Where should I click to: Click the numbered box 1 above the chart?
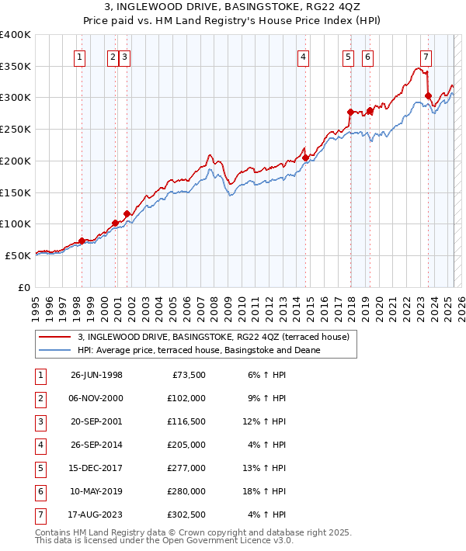[x=81, y=56]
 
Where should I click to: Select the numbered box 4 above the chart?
[x=304, y=56]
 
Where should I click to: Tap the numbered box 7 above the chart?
[x=426, y=56]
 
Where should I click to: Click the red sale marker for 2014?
[x=306, y=158]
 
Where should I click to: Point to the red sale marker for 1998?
[x=82, y=241]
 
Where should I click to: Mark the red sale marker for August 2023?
[x=428, y=96]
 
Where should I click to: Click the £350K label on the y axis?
[x=16, y=67]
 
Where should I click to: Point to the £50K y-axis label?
[x=19, y=255]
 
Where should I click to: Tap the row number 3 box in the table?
[x=39, y=423]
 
